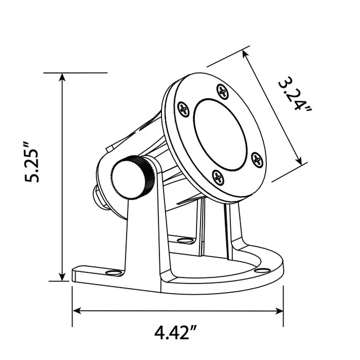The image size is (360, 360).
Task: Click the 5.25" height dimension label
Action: (x=32, y=163)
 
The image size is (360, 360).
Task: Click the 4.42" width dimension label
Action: (x=175, y=332)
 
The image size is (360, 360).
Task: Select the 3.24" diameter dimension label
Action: (x=294, y=95)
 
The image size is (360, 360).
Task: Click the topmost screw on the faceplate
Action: (x=222, y=92)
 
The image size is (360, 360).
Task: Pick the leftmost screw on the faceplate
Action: (x=184, y=109)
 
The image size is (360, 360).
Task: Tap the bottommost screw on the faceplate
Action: (x=218, y=177)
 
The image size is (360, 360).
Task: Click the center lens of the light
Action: (x=220, y=135)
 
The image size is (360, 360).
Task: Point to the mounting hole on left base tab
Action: (x=114, y=272)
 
